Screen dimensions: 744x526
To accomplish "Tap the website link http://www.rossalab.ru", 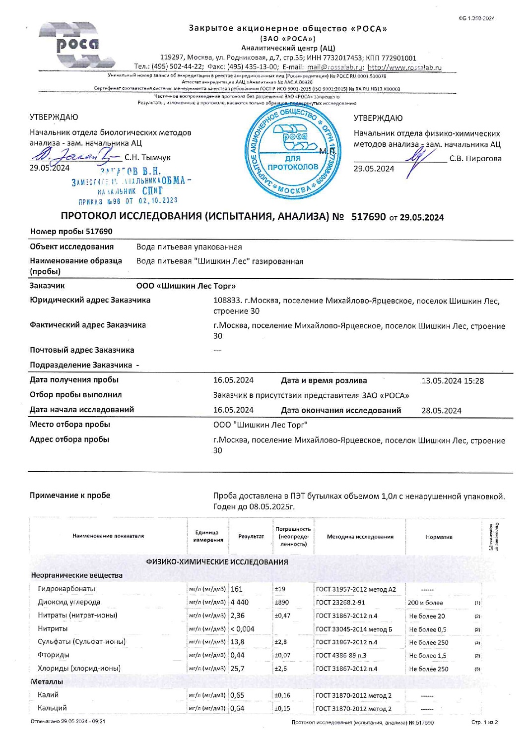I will [x=404, y=67].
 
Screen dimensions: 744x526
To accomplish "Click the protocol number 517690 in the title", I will [x=368, y=217].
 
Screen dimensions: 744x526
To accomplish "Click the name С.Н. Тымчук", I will [x=147, y=157].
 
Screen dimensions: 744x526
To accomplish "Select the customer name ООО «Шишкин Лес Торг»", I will [x=186, y=286].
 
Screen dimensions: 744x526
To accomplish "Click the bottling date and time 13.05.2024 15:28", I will [x=453, y=381].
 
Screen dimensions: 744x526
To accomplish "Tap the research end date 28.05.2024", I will [x=441, y=411].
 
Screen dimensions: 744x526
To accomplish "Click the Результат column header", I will [x=251, y=537].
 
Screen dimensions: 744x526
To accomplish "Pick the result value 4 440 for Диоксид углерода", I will [x=240, y=602].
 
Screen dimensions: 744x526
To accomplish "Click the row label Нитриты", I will [x=53, y=628].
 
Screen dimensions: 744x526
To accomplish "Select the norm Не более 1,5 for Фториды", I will [x=428, y=656].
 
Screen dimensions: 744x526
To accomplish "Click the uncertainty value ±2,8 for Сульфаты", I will [x=280, y=642].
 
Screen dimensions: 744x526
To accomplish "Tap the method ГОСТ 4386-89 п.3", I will [x=341, y=656].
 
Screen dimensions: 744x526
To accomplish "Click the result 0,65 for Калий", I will [x=237, y=695].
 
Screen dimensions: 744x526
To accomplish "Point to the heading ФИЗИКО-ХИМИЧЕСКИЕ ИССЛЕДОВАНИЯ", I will [x=217, y=562].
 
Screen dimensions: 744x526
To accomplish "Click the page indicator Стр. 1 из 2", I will [x=484, y=722].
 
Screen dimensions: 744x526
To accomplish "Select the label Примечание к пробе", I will [x=70, y=496].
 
